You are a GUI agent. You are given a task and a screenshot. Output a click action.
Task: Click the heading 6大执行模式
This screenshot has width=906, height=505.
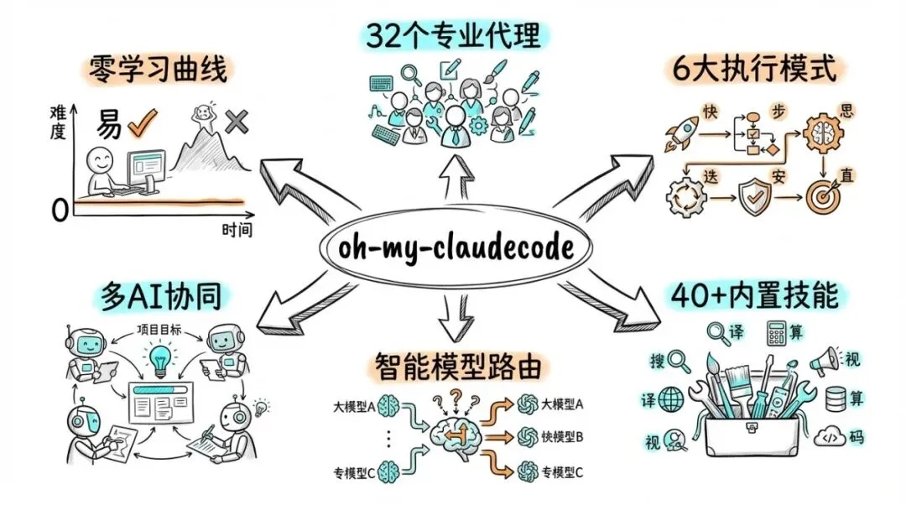pyautogui.click(x=754, y=70)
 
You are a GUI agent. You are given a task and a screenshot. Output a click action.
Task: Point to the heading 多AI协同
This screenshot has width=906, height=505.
pyautogui.click(x=158, y=296)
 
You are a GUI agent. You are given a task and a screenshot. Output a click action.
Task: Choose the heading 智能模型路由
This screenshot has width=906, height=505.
pyautogui.click(x=454, y=366)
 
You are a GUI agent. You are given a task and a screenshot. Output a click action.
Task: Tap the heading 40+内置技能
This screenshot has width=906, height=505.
pyautogui.click(x=754, y=296)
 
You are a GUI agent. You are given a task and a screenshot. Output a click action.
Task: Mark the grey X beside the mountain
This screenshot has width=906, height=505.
pyautogui.click(x=237, y=123)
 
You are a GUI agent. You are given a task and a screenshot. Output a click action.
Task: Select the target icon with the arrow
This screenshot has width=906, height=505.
pyautogui.click(x=822, y=196)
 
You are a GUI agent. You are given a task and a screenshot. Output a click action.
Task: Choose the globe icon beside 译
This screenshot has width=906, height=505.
pyautogui.click(x=672, y=399)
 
